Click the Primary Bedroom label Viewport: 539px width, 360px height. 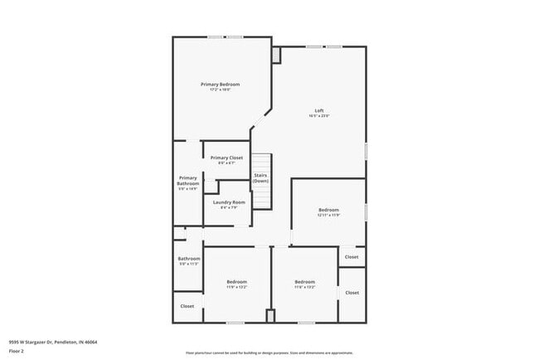coord(220,85)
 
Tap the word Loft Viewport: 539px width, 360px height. coord(319,110)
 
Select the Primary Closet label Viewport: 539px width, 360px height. coord(226,158)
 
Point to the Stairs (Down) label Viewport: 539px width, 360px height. coord(260,178)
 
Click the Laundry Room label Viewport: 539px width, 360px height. coord(228,202)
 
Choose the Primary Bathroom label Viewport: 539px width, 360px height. coord(188,181)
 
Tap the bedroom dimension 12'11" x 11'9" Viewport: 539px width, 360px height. coord(329,216)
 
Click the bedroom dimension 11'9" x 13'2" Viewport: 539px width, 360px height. coord(236,287)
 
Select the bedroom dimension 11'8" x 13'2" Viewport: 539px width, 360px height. coord(304,287)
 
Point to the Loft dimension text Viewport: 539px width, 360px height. coord(319,116)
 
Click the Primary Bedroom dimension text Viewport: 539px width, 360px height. coord(220,90)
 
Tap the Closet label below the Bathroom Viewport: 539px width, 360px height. coord(187,306)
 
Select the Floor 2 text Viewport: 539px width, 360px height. coord(17,351)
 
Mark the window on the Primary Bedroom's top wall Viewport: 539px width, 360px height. coord(225,36)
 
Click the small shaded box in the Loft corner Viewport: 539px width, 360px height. coord(276,55)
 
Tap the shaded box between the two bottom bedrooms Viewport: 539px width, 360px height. coord(270,316)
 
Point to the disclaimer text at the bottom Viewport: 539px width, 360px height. coord(269,353)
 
